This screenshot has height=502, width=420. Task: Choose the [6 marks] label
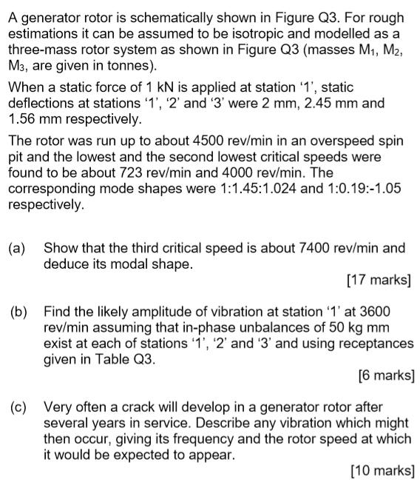(x=382, y=375)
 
